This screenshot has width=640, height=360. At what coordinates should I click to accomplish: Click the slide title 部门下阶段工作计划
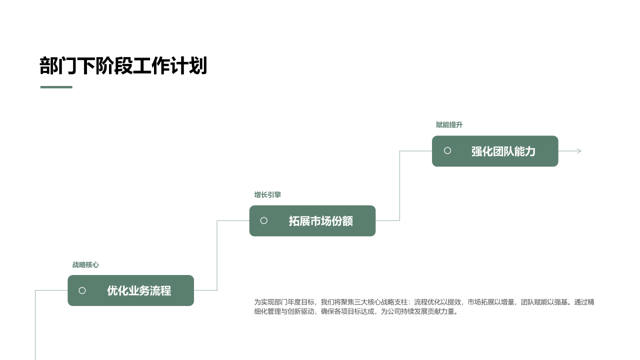click(x=123, y=65)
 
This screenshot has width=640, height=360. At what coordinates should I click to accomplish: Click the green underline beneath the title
click(x=56, y=87)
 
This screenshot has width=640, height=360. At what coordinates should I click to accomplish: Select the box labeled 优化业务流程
click(x=131, y=290)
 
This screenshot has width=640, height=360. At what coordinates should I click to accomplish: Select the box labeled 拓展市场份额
click(x=312, y=221)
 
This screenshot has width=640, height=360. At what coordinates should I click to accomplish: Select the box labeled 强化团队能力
click(x=495, y=151)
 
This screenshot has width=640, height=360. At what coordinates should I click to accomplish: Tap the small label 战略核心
click(x=85, y=265)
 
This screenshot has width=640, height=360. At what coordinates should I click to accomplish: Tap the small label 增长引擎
click(x=267, y=195)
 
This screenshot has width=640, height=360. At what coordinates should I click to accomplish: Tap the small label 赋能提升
click(x=449, y=125)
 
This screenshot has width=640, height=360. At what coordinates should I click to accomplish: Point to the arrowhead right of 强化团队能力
click(x=579, y=151)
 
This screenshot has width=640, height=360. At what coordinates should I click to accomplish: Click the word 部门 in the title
click(x=58, y=65)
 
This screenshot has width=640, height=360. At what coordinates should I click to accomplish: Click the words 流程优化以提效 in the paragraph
click(x=437, y=302)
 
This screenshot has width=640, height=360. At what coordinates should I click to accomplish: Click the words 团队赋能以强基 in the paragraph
click(x=544, y=302)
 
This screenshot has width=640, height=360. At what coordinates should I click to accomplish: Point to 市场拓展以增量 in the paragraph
click(x=491, y=302)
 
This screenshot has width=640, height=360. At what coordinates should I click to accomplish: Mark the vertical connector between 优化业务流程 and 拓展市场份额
click(x=217, y=255)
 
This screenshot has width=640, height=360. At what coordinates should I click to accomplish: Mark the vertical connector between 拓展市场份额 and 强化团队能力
click(x=399, y=185)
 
